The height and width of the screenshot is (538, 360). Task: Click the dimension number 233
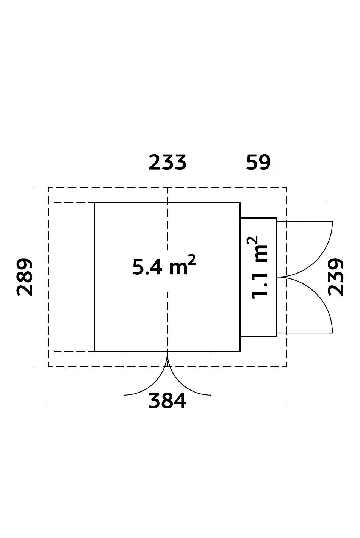pyautogui.click(x=167, y=163)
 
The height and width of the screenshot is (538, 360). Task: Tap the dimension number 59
pyautogui.click(x=258, y=163)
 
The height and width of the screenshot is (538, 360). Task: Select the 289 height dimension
pyautogui.click(x=24, y=277)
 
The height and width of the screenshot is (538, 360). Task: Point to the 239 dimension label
pyautogui.click(x=336, y=277)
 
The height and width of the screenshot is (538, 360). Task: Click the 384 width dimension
pyautogui.click(x=167, y=400)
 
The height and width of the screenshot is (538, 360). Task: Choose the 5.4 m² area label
pyautogui.click(x=164, y=265)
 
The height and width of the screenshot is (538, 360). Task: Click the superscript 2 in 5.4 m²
pyautogui.click(x=192, y=260)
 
